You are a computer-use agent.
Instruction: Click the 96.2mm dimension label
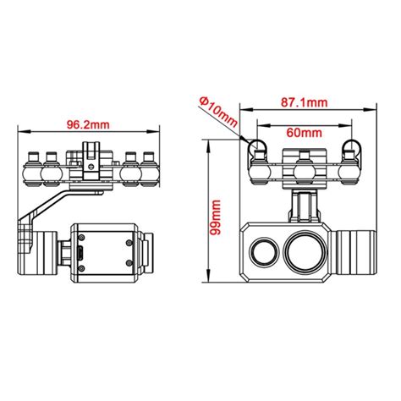click(x=88, y=124)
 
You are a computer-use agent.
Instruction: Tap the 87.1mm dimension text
click(x=305, y=102)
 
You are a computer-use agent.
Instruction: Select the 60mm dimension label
click(x=304, y=133)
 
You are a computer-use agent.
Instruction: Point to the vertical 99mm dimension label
click(x=216, y=217)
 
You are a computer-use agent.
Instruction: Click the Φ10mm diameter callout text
click(x=218, y=112)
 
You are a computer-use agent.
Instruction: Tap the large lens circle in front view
click(x=305, y=251)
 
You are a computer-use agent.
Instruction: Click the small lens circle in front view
click(x=265, y=252)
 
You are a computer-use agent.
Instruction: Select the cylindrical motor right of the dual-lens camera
click(x=356, y=252)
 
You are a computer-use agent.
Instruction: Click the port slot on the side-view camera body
click(x=80, y=254)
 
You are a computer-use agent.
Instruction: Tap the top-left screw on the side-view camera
click(x=82, y=238)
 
